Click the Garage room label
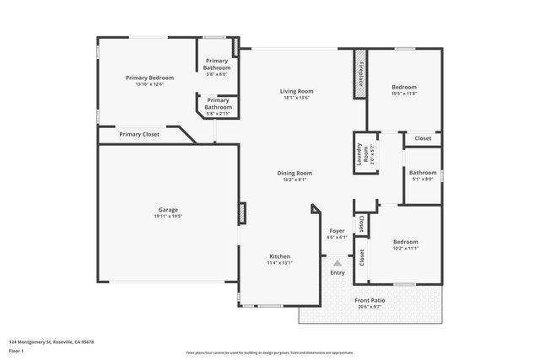coord(169,210)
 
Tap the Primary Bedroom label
coord(149,78)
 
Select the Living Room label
coord(297,91)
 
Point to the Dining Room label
coord(294,173)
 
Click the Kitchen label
coord(279,256)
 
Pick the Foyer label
coord(337,230)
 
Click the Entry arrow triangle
coord(337,263)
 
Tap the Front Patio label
coord(369,300)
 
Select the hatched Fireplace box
coord(360,73)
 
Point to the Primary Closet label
coord(139,134)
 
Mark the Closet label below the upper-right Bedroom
coord(423,138)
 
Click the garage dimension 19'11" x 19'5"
coord(169,217)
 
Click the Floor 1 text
coord(16,350)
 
